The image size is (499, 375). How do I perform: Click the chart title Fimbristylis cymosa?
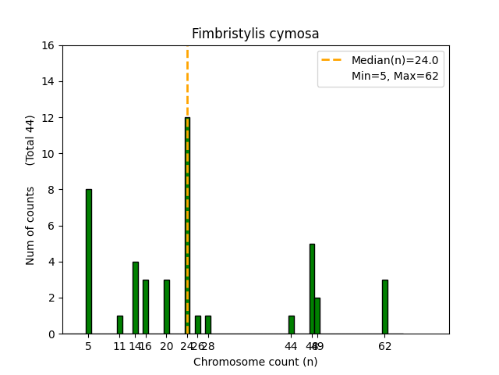pos(255,34)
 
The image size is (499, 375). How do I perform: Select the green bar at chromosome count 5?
pos(89,261)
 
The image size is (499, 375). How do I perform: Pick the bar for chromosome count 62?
pos(384,306)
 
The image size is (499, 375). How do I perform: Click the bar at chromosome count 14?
pos(136,298)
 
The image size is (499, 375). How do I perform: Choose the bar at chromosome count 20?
pos(167,306)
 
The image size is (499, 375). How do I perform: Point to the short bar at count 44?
pos(291,324)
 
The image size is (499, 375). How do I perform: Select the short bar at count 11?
pos(120,324)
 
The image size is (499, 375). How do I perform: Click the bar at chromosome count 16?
pos(146,306)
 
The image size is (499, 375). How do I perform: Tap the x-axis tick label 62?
pos(384,346)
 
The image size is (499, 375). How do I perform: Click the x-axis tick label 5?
pos(89,346)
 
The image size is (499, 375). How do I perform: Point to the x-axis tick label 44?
pos(291,346)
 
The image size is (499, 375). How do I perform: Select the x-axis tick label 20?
pos(167,346)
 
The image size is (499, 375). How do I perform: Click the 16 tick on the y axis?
pos(48,45)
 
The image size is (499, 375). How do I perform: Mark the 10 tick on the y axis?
pos(48,154)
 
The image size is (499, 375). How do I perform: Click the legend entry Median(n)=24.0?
pos(395,60)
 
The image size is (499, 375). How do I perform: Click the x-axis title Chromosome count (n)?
pos(255,362)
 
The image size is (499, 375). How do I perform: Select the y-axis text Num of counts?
pos(30,225)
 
